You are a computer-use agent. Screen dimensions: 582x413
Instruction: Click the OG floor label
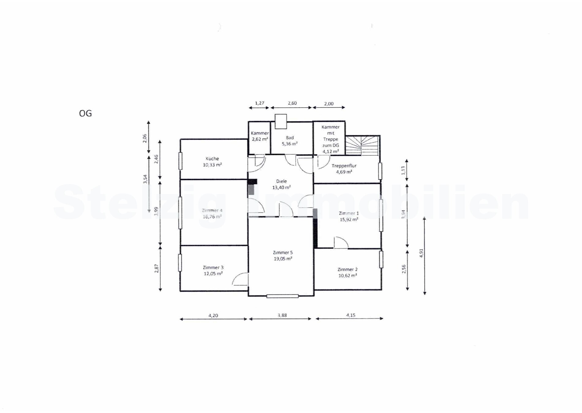point(85,113)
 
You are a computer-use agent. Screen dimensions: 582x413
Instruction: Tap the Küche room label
point(212,158)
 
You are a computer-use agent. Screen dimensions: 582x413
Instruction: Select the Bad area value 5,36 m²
point(290,144)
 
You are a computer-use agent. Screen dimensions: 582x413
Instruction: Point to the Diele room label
point(282,181)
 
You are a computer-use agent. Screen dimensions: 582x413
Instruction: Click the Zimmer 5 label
point(283,252)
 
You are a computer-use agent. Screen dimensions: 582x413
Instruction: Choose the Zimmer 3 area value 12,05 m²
point(213,273)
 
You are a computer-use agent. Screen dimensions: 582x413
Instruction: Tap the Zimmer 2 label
point(347,270)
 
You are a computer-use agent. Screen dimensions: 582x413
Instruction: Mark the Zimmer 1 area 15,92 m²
point(349,219)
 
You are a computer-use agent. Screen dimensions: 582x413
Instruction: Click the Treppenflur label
point(344,166)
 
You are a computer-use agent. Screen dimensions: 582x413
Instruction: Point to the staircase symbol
point(362,146)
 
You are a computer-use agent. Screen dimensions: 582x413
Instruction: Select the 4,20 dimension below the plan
point(213,315)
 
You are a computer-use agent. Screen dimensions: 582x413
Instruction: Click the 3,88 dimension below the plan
point(282,315)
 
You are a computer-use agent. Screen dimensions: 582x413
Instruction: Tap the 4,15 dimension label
point(351,315)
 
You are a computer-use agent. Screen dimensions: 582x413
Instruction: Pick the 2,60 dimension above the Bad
point(292,103)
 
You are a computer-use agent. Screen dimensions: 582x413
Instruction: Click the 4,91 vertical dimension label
point(421,253)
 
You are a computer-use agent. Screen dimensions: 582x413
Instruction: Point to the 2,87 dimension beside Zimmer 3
point(157,268)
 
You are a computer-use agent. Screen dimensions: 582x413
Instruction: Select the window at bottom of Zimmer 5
point(282,296)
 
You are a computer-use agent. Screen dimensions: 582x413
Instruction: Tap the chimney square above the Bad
point(281,121)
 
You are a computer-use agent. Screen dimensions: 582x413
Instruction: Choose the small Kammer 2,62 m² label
point(260,136)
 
